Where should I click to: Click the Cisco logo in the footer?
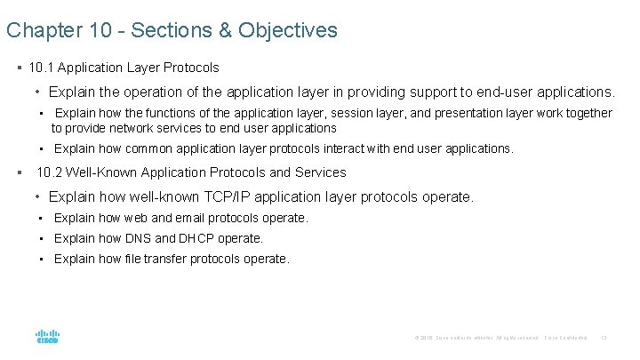pyautogui.click(x=47, y=337)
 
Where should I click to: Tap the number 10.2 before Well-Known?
pyautogui.click(x=50, y=172)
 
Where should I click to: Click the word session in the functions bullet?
pyautogui.click(x=323, y=113)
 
